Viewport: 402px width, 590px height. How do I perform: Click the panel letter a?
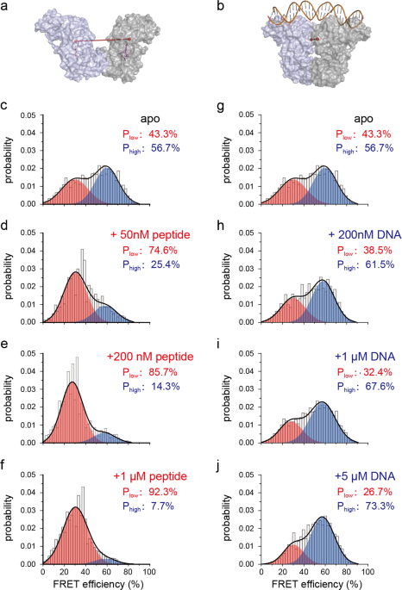5,8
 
